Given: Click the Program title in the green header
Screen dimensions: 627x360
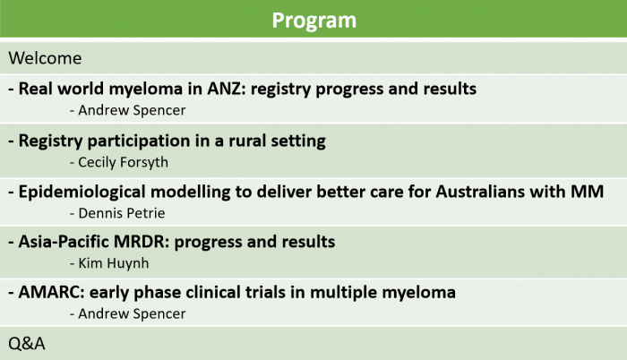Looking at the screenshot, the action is pyautogui.click(x=313, y=21).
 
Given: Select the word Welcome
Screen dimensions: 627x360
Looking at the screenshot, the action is pyautogui.click(x=45, y=58).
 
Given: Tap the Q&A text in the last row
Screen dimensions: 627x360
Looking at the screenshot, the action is pyautogui.click(x=27, y=344).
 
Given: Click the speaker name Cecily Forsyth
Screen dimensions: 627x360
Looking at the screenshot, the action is pyautogui.click(x=124, y=162).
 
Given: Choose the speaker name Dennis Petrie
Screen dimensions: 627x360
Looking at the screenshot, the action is pyautogui.click(x=122, y=213).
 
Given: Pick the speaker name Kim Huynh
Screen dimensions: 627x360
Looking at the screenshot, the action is pyautogui.click(x=114, y=263).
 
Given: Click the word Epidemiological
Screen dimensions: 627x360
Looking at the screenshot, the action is pyautogui.click(x=82, y=193).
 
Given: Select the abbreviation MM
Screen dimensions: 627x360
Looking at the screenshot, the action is pyautogui.click(x=587, y=192).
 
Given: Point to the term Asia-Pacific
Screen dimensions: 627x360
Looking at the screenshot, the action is pyautogui.click(x=64, y=242).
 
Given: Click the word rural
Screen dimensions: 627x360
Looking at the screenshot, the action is pyautogui.click(x=247, y=141).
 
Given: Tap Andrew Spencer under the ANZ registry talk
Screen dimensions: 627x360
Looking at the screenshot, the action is pyautogui.click(x=132, y=110).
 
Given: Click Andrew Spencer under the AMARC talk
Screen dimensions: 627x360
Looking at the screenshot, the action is pyautogui.click(x=132, y=314).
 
